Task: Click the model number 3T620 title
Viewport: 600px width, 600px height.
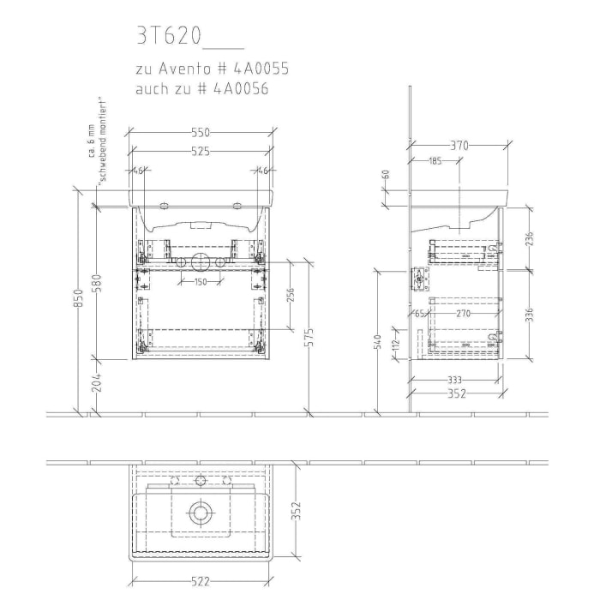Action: tap(169, 35)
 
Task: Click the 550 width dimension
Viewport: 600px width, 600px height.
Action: tap(201, 133)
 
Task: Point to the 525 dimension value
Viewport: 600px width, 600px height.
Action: tap(201, 151)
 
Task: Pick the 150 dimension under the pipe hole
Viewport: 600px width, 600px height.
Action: tap(200, 281)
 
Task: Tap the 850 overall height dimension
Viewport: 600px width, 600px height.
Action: tap(77, 297)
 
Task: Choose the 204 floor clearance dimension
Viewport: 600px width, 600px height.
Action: tap(96, 381)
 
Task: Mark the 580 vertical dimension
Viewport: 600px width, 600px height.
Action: tap(96, 281)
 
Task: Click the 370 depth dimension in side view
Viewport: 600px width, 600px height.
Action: tap(459, 146)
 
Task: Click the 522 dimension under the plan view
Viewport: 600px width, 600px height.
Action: tap(200, 582)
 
